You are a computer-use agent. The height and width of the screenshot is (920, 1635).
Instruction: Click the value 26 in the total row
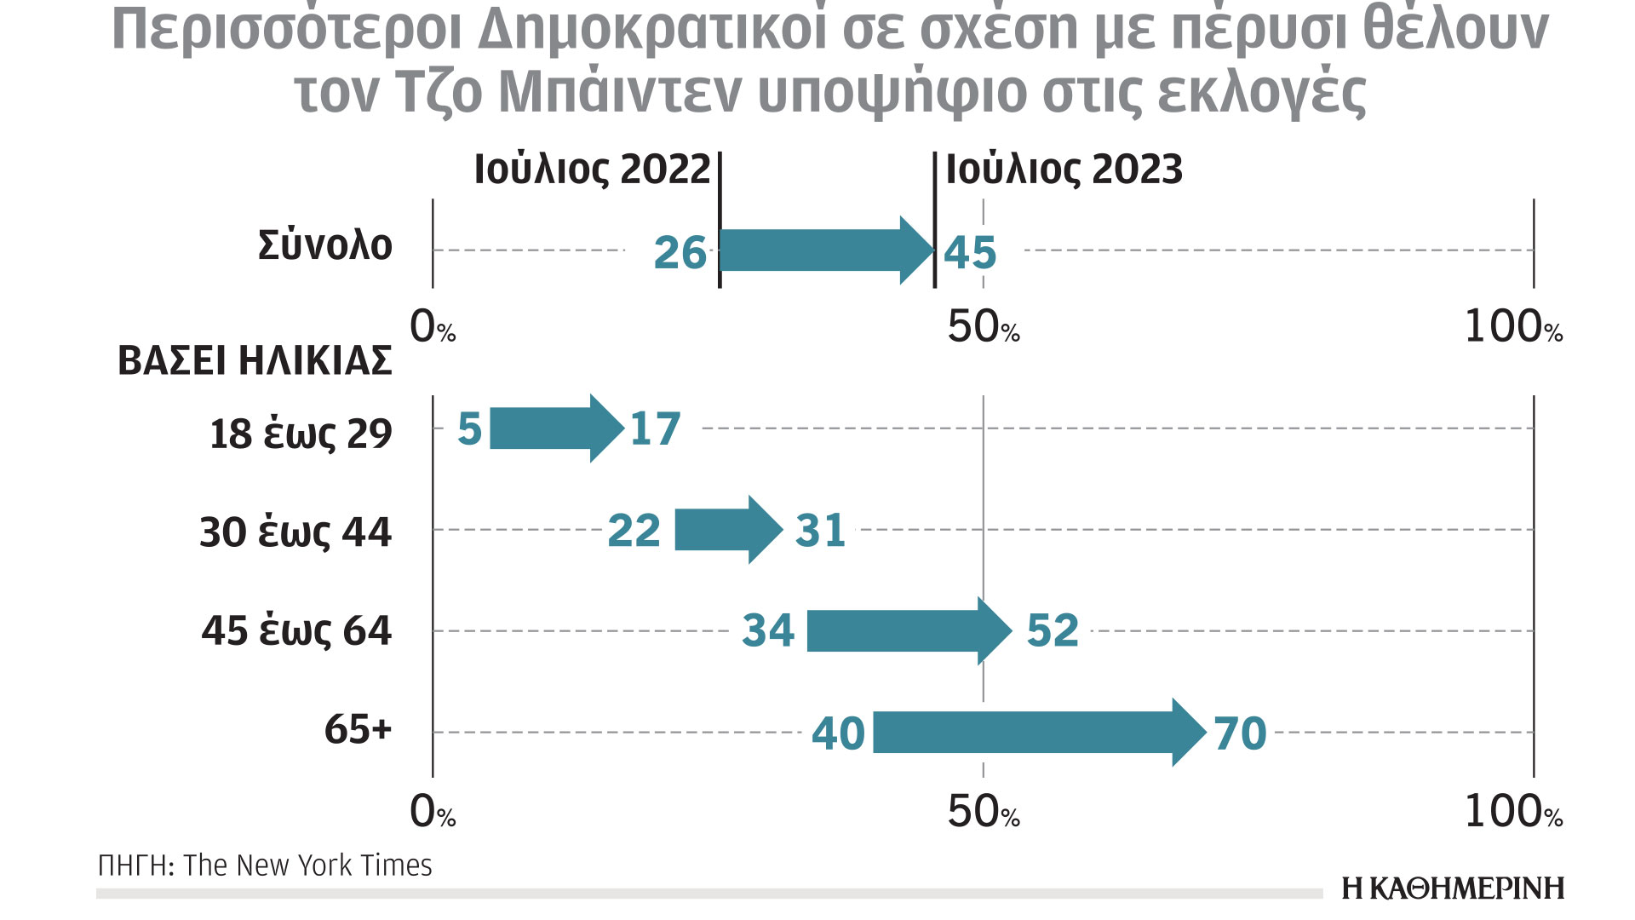pyautogui.click(x=680, y=253)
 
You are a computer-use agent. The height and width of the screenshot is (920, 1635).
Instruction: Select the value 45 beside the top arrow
pyautogui.click(x=970, y=253)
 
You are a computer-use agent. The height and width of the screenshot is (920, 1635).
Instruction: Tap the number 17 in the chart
pyautogui.click(x=655, y=428)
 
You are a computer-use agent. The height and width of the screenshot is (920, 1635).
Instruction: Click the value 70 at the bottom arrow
pyautogui.click(x=1240, y=733)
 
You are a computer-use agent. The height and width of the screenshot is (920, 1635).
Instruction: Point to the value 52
pyautogui.click(x=1053, y=631)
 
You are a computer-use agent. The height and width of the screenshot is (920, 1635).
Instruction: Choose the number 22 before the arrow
pyautogui.click(x=634, y=531)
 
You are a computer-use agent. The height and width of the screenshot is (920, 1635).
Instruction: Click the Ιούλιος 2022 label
pyautogui.click(x=592, y=170)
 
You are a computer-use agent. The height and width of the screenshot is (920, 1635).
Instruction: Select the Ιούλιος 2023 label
pyautogui.click(x=1064, y=170)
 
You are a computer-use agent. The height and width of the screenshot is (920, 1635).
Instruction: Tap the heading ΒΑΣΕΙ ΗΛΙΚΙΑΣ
pyautogui.click(x=255, y=360)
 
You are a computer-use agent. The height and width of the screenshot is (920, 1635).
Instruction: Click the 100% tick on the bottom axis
pyautogui.click(x=1513, y=812)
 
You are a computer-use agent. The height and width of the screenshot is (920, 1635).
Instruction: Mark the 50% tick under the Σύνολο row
pyautogui.click(x=983, y=327)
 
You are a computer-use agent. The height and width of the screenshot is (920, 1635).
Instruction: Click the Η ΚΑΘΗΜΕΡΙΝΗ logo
pyautogui.click(x=1453, y=888)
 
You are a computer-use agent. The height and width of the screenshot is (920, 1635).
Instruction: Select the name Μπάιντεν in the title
pyautogui.click(x=621, y=92)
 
